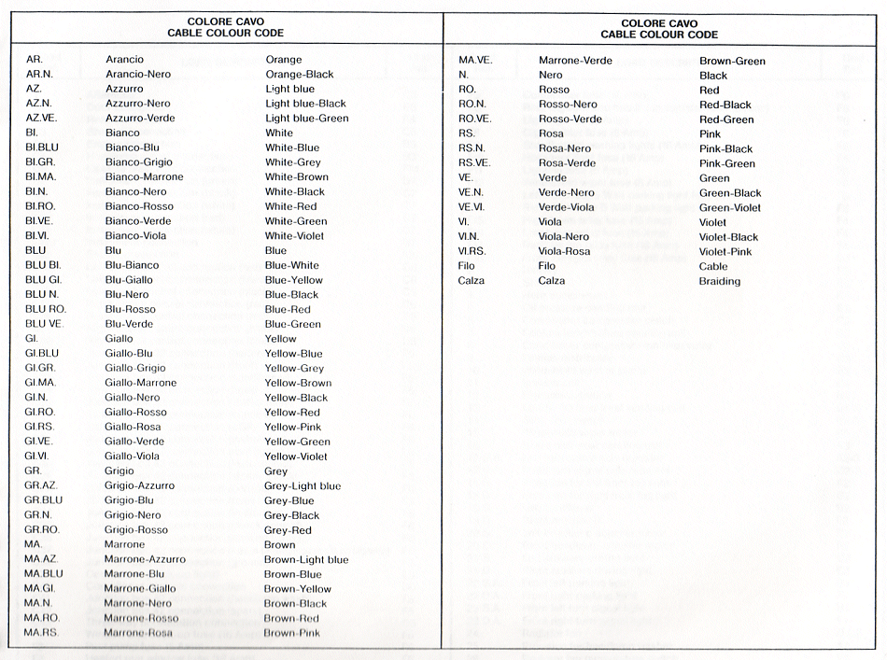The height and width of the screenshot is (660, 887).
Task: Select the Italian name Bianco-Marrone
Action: click(x=144, y=177)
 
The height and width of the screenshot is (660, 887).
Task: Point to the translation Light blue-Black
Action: click(x=305, y=104)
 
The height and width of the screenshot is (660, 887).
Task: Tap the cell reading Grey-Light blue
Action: click(x=303, y=486)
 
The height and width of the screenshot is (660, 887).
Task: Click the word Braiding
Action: click(x=719, y=281)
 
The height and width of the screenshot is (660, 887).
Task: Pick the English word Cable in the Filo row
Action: click(x=713, y=266)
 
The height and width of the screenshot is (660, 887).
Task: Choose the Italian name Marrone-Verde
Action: click(x=575, y=61)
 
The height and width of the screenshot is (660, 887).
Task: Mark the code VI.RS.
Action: click(x=473, y=251)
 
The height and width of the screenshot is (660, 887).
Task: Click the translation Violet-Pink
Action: click(x=725, y=252)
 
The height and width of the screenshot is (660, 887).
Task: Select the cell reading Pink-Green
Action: click(x=727, y=163)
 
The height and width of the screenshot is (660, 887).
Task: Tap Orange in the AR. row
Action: click(x=284, y=60)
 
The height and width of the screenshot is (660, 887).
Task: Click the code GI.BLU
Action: click(x=41, y=354)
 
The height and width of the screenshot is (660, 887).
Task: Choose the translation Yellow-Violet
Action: click(x=296, y=456)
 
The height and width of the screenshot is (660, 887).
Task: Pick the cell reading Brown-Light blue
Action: click(x=305, y=560)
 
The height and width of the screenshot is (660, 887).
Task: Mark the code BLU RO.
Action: click(x=45, y=310)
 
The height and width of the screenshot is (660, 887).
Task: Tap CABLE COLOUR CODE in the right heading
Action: click(x=659, y=35)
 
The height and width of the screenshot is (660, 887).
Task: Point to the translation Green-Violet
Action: click(x=730, y=207)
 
